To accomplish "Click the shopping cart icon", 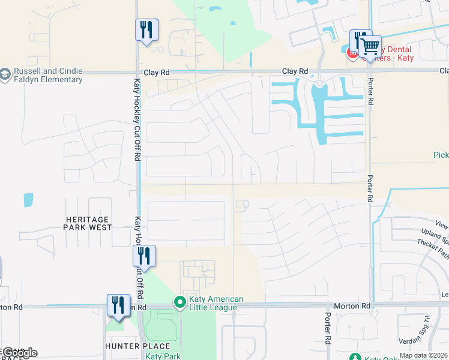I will pyautogui.click(x=371, y=46).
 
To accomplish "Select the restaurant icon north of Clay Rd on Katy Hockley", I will pyautogui.click(x=146, y=29).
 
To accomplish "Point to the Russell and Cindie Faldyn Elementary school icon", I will pyautogui.click(x=5, y=74).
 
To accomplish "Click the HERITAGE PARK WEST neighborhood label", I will pyautogui.click(x=88, y=223).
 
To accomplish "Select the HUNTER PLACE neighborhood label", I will pyautogui.click(x=137, y=346).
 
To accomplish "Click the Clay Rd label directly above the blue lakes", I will pyautogui.click(x=295, y=71).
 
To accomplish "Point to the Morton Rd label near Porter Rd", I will pyautogui.click(x=358, y=306).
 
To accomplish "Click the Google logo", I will pyautogui.click(x=20, y=353).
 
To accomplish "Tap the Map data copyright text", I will pyautogui.click(x=424, y=355).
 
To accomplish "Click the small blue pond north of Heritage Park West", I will pyautogui.click(x=28, y=200).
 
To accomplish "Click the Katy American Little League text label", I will pyautogui.click(x=216, y=303).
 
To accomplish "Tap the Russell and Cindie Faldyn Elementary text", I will pyautogui.click(x=48, y=74).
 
